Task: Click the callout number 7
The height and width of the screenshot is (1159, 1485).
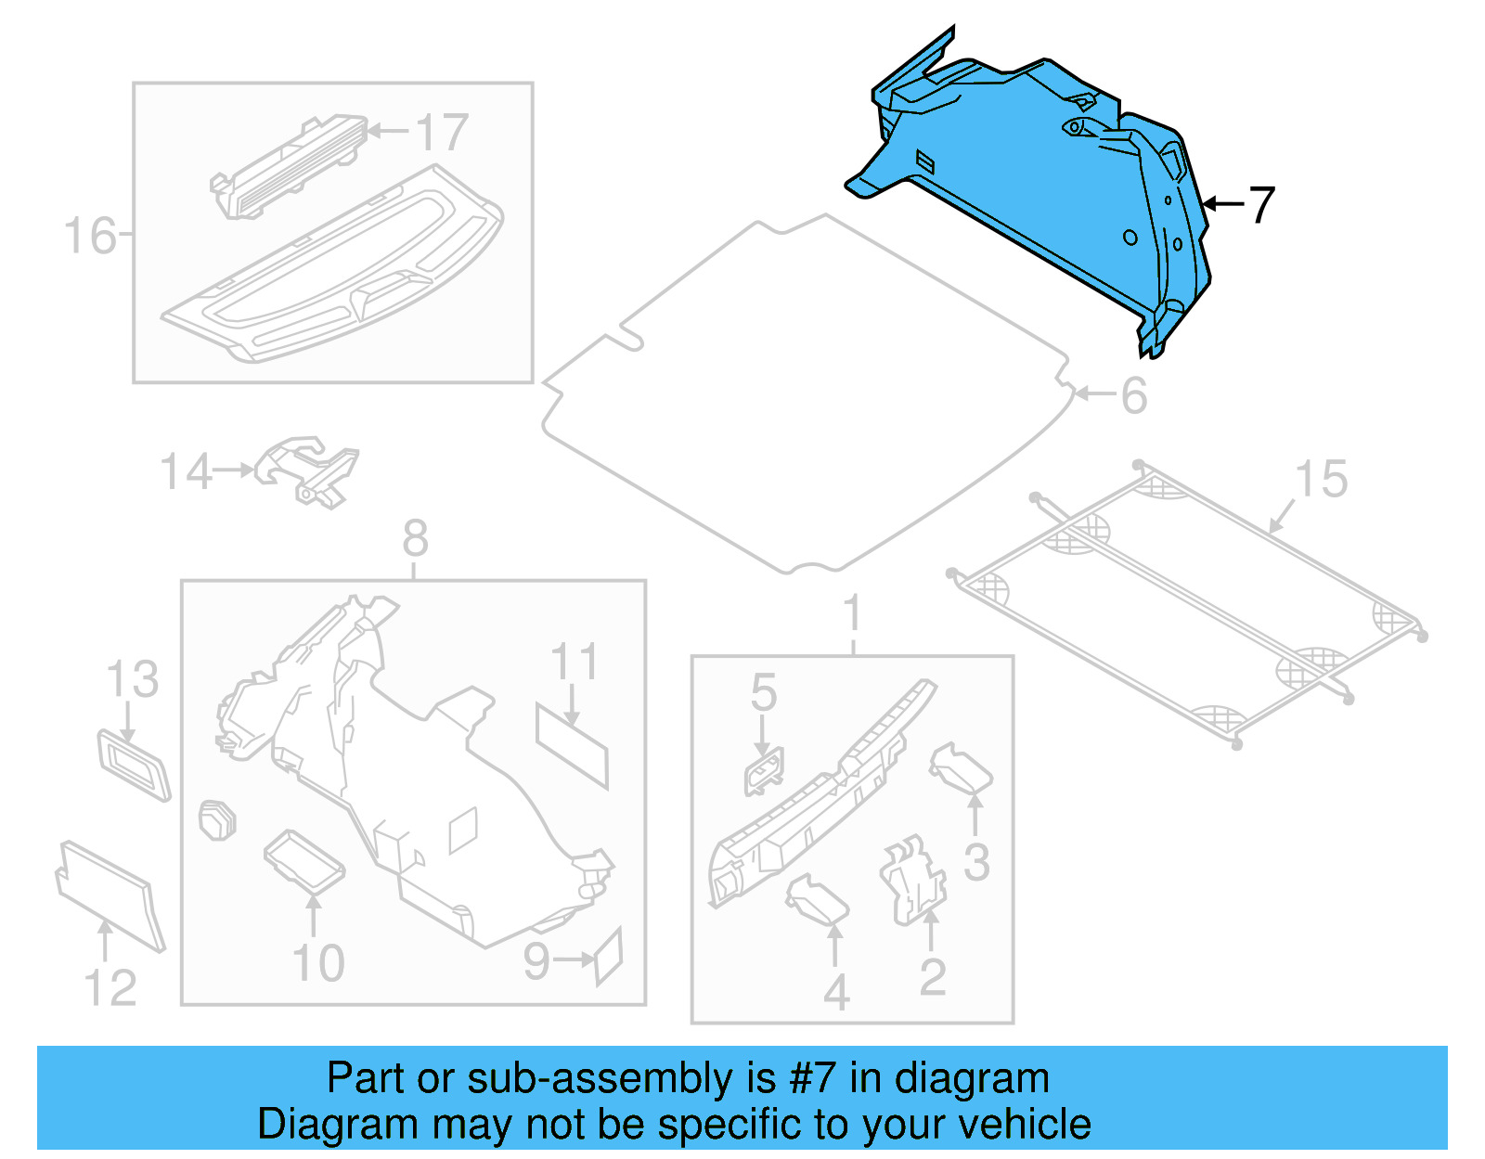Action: point(1261,205)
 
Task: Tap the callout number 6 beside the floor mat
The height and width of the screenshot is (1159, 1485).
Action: point(1134,396)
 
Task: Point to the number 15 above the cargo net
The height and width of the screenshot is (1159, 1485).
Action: point(1321,480)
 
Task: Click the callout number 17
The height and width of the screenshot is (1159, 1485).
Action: point(442,133)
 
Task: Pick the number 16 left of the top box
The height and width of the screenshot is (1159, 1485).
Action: point(90,236)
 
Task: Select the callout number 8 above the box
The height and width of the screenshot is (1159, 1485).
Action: point(415,539)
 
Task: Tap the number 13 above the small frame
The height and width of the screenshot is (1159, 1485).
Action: point(133,680)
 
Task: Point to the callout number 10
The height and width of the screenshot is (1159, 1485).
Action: point(318,963)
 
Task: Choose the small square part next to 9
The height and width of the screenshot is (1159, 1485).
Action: point(608,957)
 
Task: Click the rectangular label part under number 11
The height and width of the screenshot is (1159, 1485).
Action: point(572,746)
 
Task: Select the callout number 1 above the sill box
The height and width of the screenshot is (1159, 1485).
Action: point(852,614)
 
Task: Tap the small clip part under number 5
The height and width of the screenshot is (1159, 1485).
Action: point(763,771)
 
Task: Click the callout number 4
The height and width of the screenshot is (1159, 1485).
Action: point(836,994)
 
